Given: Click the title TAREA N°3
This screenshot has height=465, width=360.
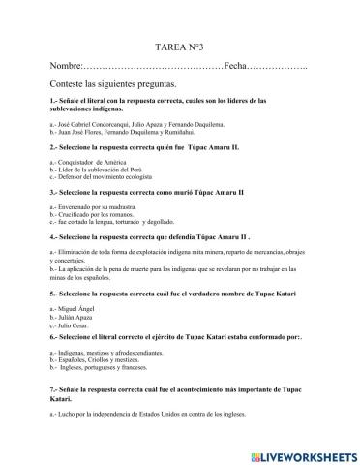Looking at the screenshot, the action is coord(181,74).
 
